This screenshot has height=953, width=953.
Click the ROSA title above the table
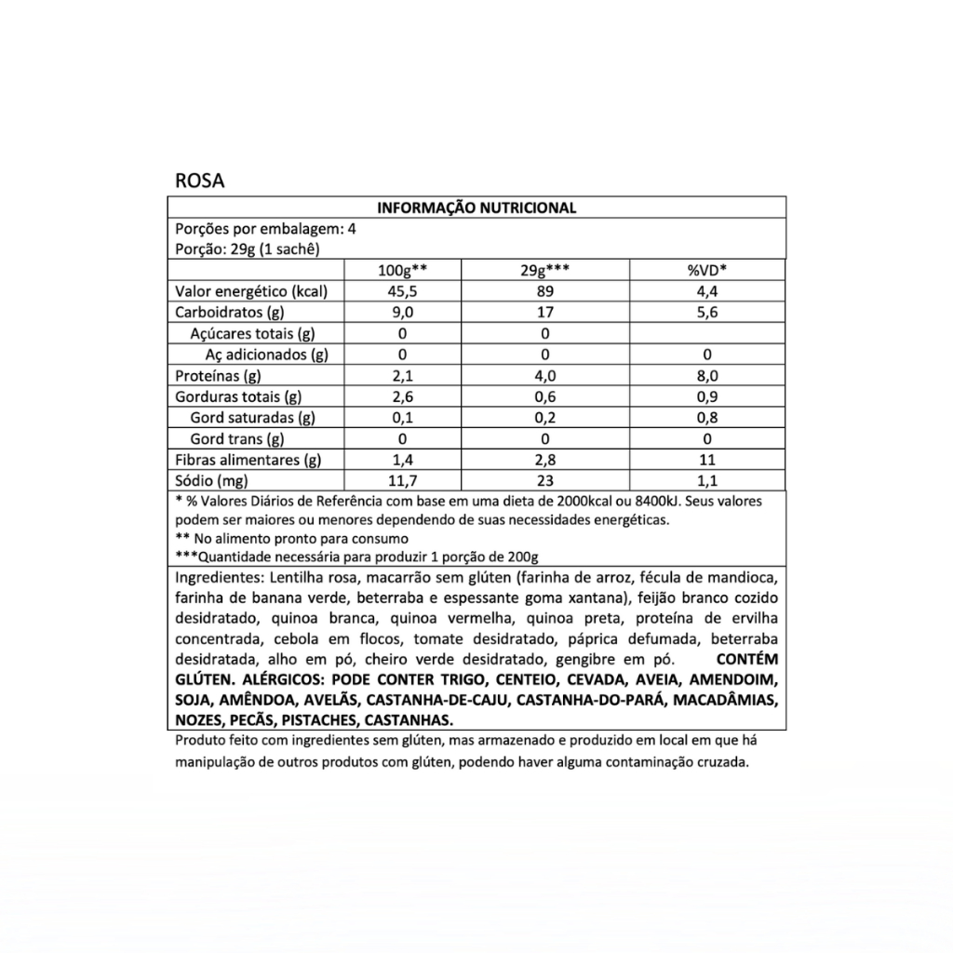tap(199, 180)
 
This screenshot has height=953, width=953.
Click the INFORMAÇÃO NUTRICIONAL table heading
tap(476, 208)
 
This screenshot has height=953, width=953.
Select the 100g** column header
tap(402, 271)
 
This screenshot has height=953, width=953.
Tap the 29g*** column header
tap(545, 271)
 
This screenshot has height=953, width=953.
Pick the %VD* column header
tap(706, 271)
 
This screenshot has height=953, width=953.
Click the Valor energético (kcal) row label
tap(251, 291)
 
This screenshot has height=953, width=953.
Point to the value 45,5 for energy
tap(402, 291)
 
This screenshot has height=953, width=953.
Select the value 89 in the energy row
tap(545, 291)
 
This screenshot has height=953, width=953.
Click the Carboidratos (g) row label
tap(229, 313)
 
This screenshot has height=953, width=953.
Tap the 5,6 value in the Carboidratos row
tap(706, 313)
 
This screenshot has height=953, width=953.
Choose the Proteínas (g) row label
tap(219, 376)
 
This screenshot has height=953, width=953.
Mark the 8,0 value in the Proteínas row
tap(706, 376)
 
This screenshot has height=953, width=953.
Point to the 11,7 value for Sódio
tap(402, 481)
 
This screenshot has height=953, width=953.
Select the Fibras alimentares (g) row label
tap(248, 460)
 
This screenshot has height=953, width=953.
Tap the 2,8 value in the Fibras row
tap(545, 460)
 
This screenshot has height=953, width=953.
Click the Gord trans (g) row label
tap(236, 439)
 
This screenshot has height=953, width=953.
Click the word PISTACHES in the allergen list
tap(318, 720)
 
